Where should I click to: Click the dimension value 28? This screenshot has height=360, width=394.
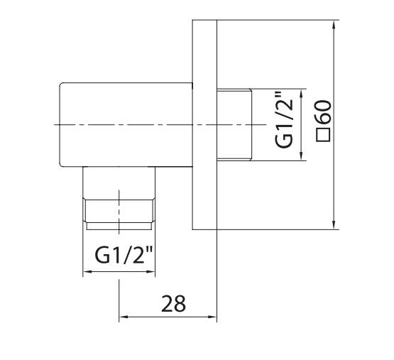pos(173,303)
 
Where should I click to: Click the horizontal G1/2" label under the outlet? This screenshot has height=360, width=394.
pos(124,255)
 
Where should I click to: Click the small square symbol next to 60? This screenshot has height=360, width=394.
pos(323,135)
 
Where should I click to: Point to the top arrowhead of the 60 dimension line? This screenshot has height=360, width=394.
pos(334,24)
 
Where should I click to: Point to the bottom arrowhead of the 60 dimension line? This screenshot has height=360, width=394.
pos(334,225)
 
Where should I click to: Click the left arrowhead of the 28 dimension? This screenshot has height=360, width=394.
pos(124,317)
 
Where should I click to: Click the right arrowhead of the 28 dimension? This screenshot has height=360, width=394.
pos(212,317)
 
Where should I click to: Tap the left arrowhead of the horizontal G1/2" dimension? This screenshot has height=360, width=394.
pos(87,271)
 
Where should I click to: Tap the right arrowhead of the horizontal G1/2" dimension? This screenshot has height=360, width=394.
pos(151,271)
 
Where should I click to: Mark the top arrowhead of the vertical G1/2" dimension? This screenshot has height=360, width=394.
pos(302,93)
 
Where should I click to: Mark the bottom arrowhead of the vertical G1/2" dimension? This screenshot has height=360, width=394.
pos(302,156)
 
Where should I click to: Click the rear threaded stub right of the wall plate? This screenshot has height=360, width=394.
pos(234,124)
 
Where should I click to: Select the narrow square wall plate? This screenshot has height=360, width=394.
pos(204,124)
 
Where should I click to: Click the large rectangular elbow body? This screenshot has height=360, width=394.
pos(126,124)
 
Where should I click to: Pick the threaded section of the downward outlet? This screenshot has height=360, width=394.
pos(119,214)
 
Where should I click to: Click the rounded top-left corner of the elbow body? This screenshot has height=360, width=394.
pos(60,84)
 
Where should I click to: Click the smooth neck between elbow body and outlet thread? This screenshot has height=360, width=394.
pos(119,182)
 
